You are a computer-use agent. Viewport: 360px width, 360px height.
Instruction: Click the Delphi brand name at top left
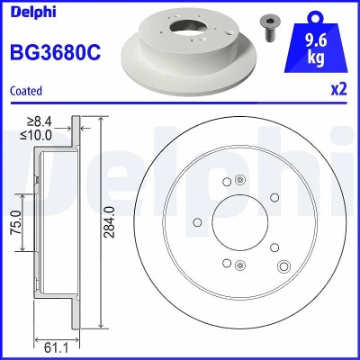coord(33,12)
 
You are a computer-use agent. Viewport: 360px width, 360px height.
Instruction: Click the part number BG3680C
coord(56,52)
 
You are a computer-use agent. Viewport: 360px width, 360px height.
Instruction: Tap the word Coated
coord(26,91)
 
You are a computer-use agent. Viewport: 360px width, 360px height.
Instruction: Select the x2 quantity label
coord(339,89)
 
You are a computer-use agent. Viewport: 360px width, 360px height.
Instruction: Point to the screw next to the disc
coord(267,29)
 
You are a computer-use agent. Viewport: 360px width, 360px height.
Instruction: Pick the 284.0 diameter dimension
coord(110,222)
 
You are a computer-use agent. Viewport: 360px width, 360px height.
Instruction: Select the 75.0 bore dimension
coord(15,222)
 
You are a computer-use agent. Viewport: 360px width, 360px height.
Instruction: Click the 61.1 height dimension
coord(57,348)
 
